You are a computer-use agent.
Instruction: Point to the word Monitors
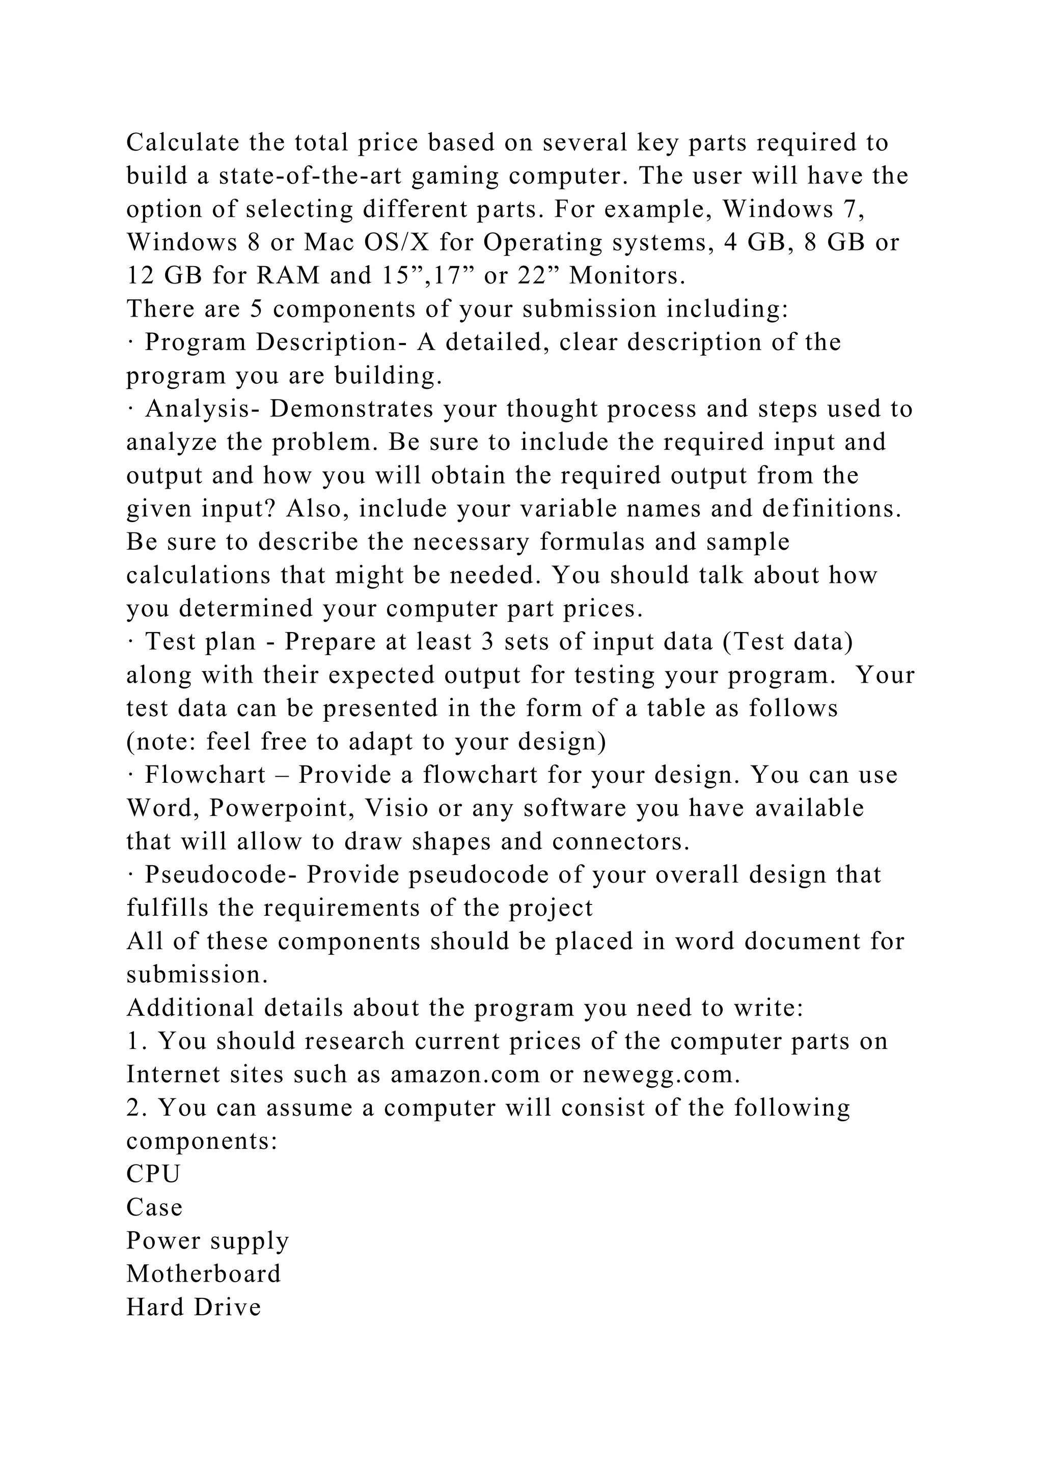tap(627, 276)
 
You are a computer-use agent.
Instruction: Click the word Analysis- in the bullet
tap(202, 409)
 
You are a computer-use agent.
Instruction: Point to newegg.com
tap(662, 1074)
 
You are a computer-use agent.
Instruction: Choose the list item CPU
tap(153, 1174)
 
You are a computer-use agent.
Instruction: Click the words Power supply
tap(207, 1241)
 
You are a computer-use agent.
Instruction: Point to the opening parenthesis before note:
tap(130, 742)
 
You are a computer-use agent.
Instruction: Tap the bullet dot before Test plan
tap(130, 642)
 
